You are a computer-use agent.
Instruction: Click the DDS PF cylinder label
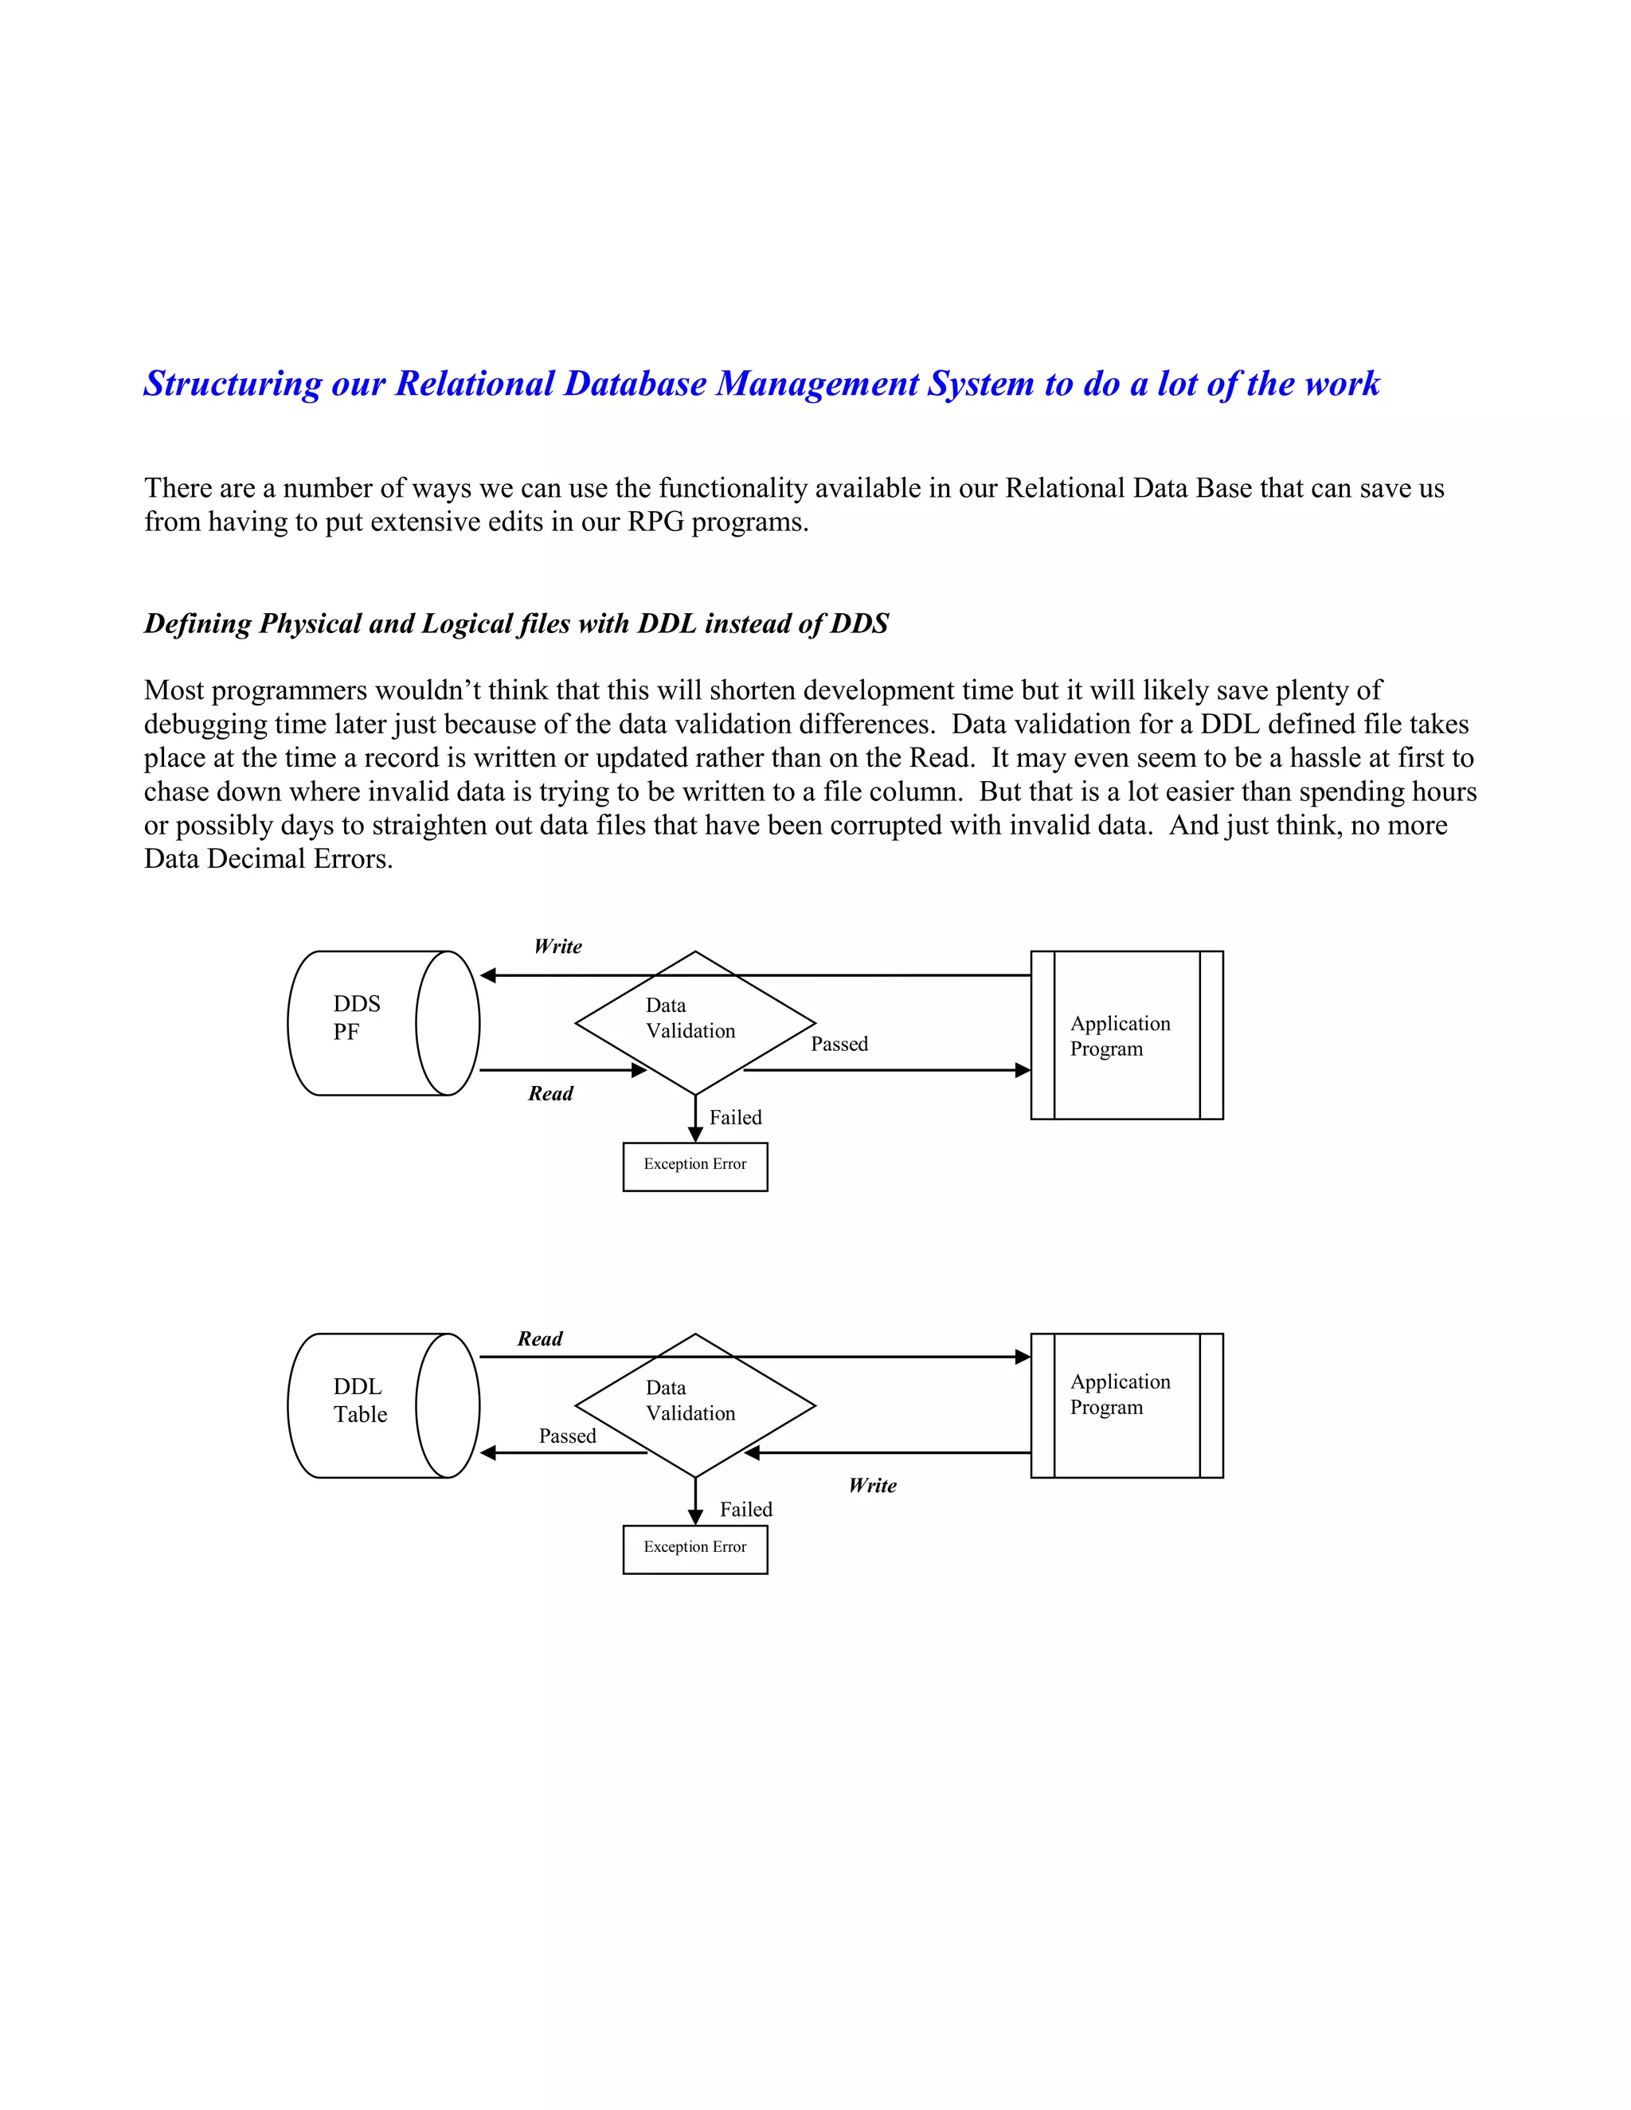[357, 1018]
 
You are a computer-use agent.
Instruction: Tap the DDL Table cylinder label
[359, 1400]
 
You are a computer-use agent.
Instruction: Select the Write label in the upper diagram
[557, 946]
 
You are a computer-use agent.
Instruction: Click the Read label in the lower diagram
[539, 1338]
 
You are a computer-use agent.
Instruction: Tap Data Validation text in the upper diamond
[689, 1018]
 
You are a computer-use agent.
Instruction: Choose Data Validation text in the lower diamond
[689, 1400]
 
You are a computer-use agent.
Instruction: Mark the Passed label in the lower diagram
[567, 1436]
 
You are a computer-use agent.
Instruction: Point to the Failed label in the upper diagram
[735, 1117]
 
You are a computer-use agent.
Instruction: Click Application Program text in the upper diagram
[1119, 1036]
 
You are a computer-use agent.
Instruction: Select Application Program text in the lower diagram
[1119, 1394]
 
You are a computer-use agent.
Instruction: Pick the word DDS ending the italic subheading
[859, 623]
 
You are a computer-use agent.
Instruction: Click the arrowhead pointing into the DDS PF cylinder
[488, 976]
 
